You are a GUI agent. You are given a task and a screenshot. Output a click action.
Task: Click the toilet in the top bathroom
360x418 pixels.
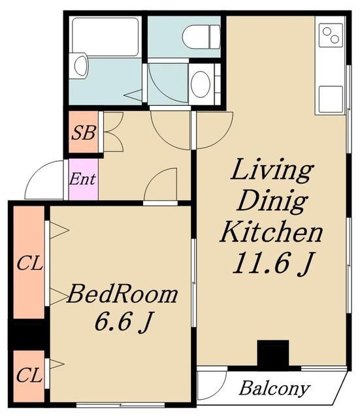coord(201,37)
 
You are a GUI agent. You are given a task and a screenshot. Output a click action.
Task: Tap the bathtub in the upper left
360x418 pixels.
coord(105,37)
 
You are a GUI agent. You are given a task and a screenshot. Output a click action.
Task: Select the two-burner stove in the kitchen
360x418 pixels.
coord(331,35)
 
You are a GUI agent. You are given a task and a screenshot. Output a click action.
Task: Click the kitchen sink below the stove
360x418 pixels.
coord(331,99)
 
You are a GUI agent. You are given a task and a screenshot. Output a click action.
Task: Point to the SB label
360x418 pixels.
coord(83,133)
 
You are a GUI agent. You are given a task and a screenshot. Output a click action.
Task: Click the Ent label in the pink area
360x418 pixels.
coord(82,179)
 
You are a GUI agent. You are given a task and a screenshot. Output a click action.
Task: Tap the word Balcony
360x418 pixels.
coord(274,389)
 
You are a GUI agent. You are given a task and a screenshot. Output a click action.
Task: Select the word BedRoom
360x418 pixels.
coord(122,294)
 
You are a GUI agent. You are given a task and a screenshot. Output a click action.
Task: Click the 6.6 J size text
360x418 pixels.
coord(123,322)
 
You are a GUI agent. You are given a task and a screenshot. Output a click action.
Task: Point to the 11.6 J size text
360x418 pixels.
coord(272,263)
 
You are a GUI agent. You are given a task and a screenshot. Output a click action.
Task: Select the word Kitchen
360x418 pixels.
coord(271,231)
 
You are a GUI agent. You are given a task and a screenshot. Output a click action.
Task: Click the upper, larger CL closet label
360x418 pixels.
coord(29,264)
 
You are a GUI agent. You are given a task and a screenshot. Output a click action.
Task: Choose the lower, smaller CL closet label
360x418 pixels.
coord(29,375)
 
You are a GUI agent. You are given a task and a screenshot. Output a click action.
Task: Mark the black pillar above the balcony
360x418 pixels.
coord(273,353)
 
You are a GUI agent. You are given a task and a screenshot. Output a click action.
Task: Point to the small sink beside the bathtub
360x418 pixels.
coord(81,65)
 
